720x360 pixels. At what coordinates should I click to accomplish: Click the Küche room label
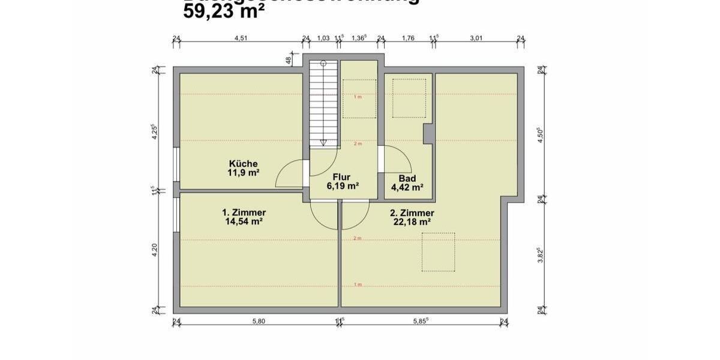243,164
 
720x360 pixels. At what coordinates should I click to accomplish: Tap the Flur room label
342,178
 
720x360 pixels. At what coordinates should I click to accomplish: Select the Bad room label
407,178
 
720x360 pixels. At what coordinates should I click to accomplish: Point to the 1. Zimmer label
244,212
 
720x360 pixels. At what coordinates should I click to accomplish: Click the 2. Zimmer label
412,213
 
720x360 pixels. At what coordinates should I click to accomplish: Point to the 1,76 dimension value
407,38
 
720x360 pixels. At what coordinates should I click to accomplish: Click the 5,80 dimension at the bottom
258,322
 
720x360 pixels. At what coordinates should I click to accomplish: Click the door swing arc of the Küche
288,175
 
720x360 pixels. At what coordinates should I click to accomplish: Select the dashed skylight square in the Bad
409,97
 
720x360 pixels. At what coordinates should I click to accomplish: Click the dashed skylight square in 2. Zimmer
438,251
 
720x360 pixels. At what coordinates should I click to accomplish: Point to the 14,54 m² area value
244,221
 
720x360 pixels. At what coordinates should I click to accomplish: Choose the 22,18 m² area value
412,221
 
